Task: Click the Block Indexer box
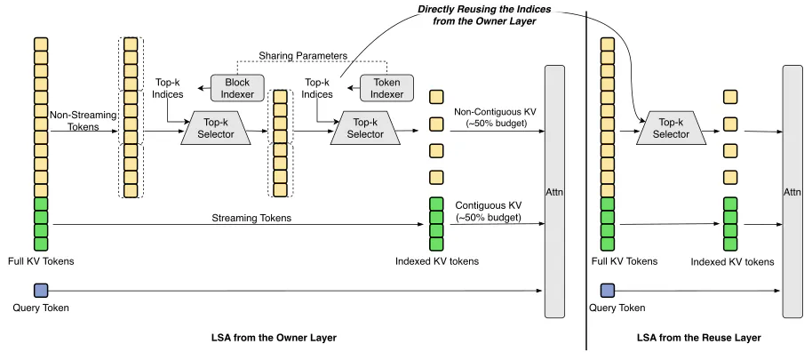tap(237, 87)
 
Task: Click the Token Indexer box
tap(386, 87)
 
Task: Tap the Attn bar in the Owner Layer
tap(554, 191)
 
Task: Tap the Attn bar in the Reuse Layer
tap(792, 191)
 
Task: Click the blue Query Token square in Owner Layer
tap(40, 291)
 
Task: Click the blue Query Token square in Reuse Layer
tap(608, 291)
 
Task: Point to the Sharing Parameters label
tap(303, 54)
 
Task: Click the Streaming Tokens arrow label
tap(251, 218)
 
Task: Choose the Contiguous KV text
tap(488, 206)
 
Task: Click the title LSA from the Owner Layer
tap(274, 338)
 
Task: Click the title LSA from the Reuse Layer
tap(699, 338)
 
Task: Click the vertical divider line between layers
tap(586, 180)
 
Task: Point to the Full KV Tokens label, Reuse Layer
tap(624, 261)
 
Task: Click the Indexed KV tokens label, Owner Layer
tap(436, 261)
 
